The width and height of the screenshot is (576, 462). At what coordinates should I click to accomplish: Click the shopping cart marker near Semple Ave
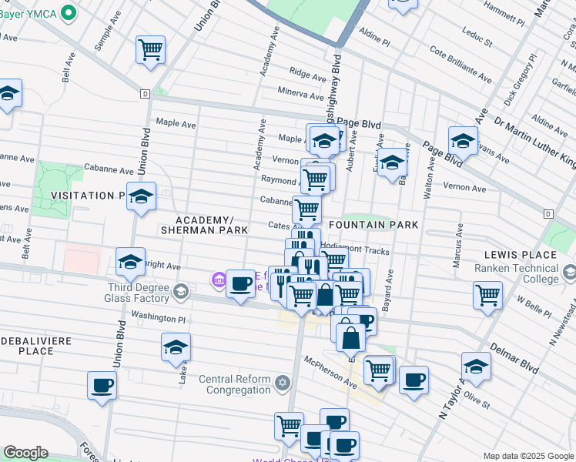coord(151,50)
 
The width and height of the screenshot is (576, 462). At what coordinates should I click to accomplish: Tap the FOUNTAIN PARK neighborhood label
coord(373,225)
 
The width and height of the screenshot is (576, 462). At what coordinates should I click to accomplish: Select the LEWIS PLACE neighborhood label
coord(520,255)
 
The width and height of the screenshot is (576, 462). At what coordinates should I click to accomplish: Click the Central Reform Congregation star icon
coord(283,383)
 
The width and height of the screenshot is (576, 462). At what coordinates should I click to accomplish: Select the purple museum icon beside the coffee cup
coord(219,282)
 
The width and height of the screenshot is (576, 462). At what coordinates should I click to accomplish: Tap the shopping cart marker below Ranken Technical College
coord(488,295)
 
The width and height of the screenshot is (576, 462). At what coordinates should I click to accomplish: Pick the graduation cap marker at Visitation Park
coord(142,196)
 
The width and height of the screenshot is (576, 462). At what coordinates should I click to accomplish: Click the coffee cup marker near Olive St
coord(414,380)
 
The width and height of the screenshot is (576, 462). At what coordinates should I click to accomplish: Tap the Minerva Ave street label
coord(301,95)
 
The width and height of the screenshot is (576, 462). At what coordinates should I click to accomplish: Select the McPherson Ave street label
coord(330,369)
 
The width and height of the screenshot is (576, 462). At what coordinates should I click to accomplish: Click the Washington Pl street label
coord(159,315)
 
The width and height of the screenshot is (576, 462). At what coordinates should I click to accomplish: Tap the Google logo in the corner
coord(25,453)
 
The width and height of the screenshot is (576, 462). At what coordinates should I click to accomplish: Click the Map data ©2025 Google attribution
coord(528,456)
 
